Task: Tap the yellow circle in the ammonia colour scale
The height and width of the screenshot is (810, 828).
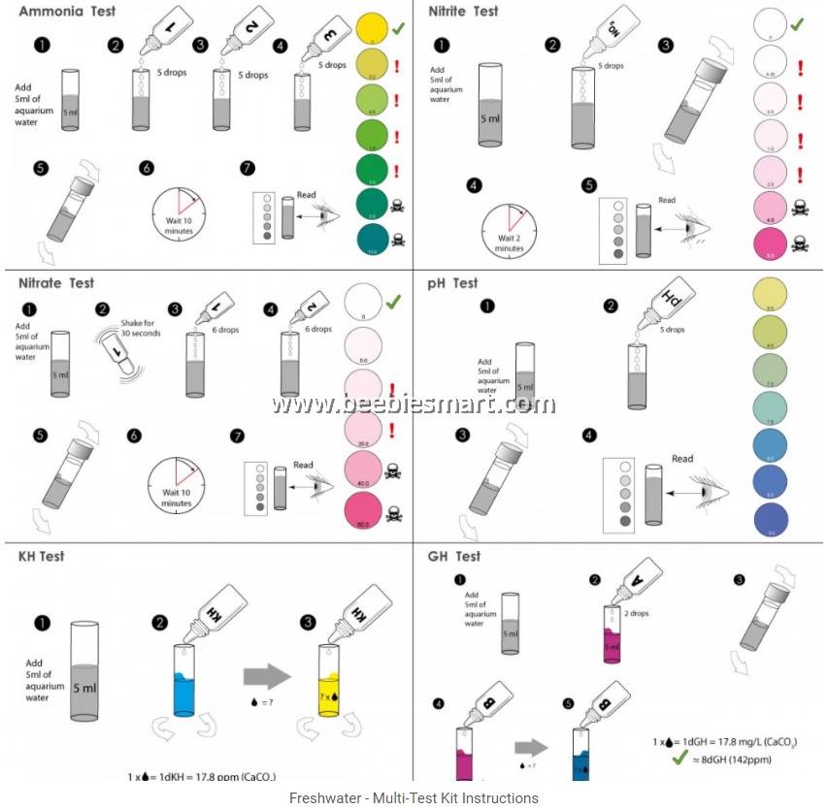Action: (373, 26)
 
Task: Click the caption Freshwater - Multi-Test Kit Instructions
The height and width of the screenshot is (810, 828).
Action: (414, 797)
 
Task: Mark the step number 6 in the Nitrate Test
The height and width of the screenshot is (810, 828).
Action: (133, 436)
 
